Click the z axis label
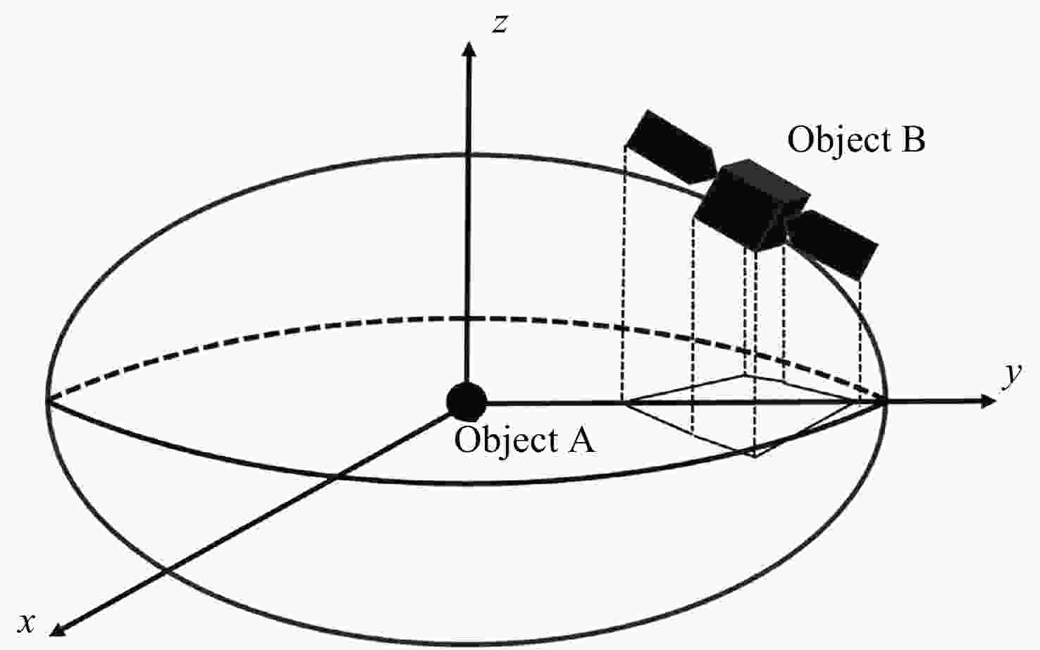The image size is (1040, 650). (500, 25)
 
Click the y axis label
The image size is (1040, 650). (1013, 373)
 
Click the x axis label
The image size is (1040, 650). (27, 623)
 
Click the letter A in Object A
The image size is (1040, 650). (580, 441)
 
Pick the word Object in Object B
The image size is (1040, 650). (831, 140)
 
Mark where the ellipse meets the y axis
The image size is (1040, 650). (886, 401)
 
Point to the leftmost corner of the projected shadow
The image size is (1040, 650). (624, 403)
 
